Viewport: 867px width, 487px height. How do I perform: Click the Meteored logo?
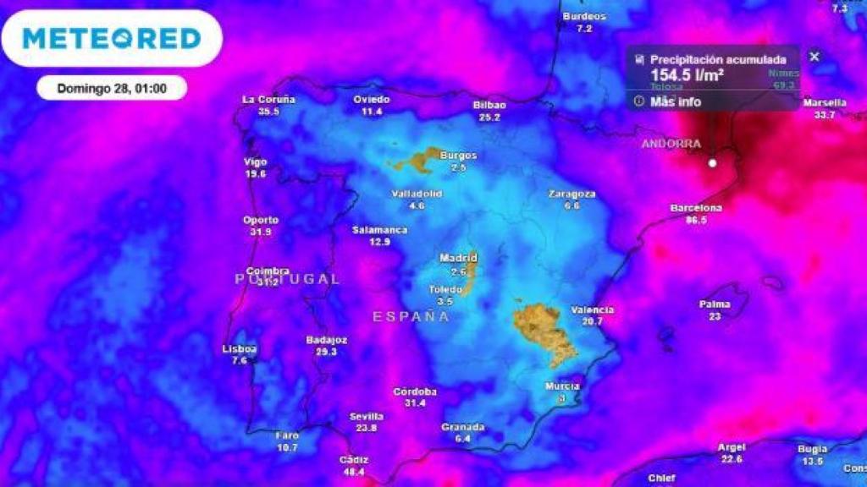(x=112, y=38)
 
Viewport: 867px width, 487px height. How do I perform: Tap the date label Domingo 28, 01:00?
(x=112, y=88)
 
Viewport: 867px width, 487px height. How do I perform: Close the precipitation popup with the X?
(x=815, y=57)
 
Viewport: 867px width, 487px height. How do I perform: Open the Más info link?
(x=675, y=101)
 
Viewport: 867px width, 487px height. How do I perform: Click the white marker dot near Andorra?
(x=713, y=162)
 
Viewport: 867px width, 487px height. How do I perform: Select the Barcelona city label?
(x=696, y=208)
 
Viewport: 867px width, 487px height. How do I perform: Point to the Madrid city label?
(x=458, y=258)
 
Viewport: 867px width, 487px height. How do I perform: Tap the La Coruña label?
(x=268, y=100)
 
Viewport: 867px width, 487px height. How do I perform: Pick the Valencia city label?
(x=593, y=310)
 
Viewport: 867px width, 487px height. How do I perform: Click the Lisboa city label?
(x=240, y=348)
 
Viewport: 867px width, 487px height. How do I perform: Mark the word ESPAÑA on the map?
(x=411, y=316)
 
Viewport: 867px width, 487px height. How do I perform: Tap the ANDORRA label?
(x=671, y=144)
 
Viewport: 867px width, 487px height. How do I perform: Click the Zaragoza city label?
(x=572, y=194)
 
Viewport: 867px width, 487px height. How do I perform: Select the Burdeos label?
(x=584, y=17)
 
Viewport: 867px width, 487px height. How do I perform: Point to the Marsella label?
(x=825, y=103)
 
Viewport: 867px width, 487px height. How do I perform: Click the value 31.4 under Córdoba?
(x=415, y=403)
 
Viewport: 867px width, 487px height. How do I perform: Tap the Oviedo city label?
(x=372, y=100)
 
